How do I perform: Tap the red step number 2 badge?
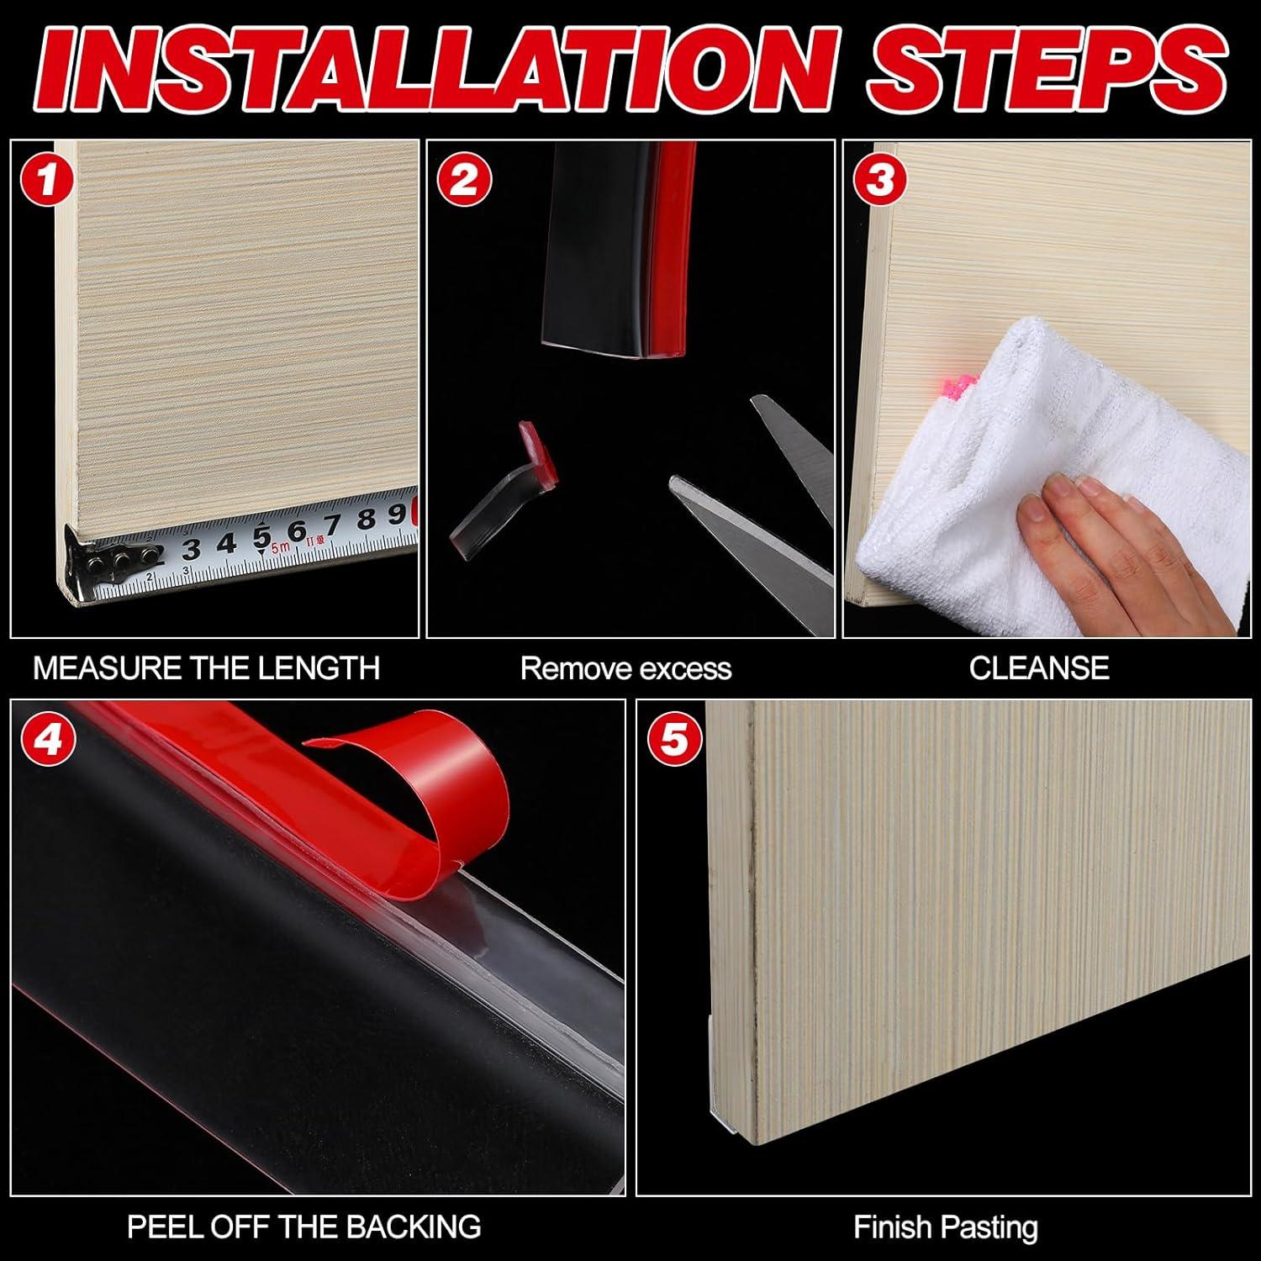pyautogui.click(x=463, y=180)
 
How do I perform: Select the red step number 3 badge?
pyautogui.click(x=880, y=180)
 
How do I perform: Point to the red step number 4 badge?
pyautogui.click(x=48, y=740)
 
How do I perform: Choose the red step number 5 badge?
pyautogui.click(x=674, y=740)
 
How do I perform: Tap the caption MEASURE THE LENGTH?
pyautogui.click(x=207, y=668)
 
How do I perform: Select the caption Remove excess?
pyautogui.click(x=626, y=668)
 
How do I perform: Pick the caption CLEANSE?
pyautogui.click(x=1039, y=668)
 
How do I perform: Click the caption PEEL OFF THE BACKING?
pyautogui.click(x=304, y=1227)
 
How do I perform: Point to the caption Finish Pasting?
pyautogui.click(x=946, y=1227)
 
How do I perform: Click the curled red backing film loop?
pyautogui.click(x=416, y=807)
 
